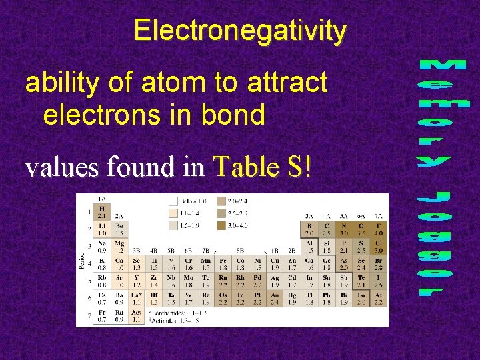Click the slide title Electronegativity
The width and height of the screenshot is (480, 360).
click(240, 31)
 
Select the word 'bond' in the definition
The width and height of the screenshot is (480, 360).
click(235, 114)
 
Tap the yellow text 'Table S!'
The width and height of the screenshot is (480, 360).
click(261, 167)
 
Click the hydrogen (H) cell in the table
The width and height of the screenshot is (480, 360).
click(102, 212)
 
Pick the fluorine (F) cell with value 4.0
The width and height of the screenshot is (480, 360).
click(378, 229)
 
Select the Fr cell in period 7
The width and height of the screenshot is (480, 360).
click(102, 316)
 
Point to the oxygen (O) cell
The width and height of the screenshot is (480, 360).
click(361, 229)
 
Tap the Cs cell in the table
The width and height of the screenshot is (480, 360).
click(102, 299)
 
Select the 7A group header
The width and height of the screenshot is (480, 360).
click(378, 216)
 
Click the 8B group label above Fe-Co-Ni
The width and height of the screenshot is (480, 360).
click(240, 251)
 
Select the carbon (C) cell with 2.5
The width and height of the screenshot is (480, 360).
click(326, 229)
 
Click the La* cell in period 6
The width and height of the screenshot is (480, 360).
click(137, 299)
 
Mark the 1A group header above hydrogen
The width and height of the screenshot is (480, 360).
click(102, 199)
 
